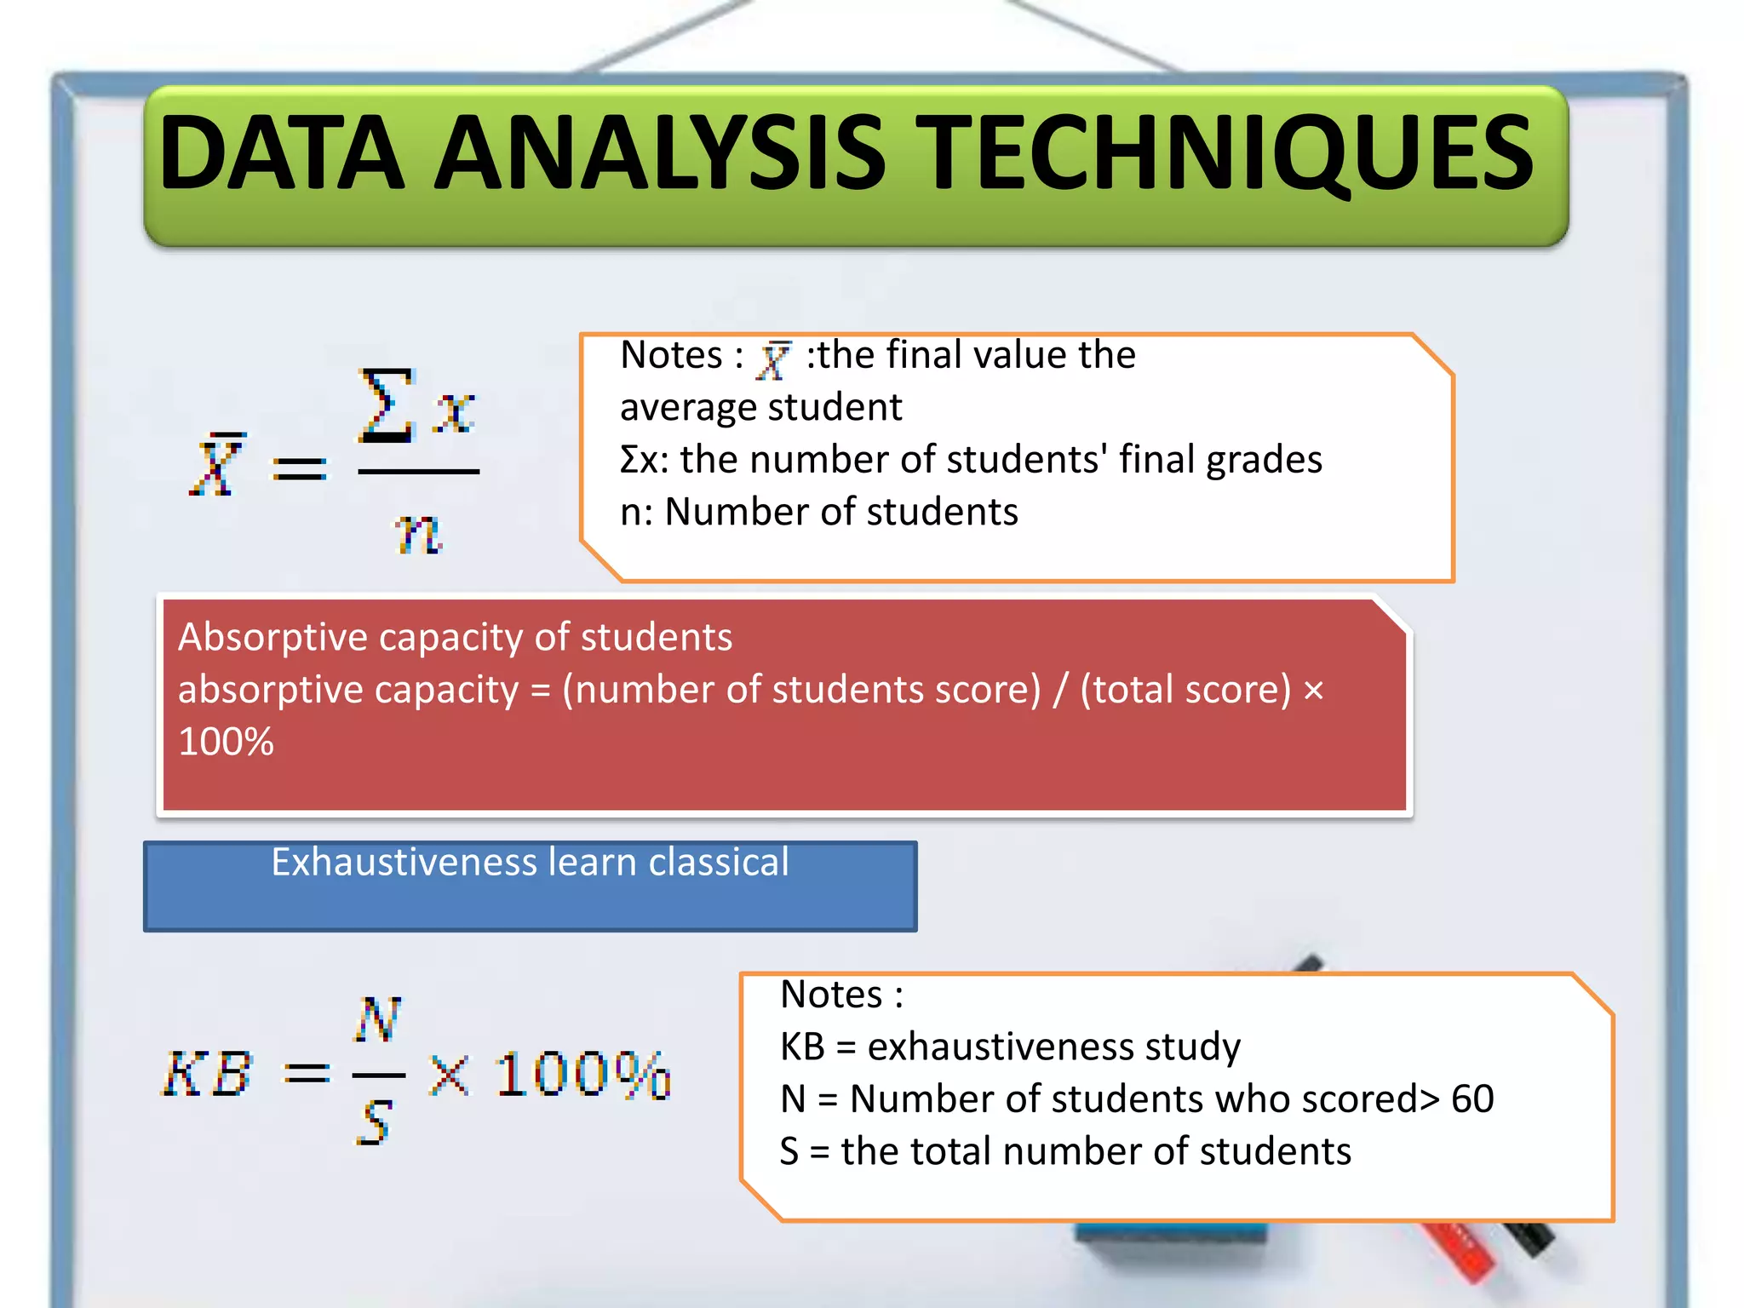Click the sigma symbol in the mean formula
click(386, 406)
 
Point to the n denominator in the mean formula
click(417, 533)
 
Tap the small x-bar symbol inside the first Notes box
click(774, 359)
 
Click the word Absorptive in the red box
click(272, 637)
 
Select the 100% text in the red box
click(226, 742)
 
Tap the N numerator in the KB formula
click(377, 1018)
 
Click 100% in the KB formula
click(582, 1075)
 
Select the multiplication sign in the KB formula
click(449, 1075)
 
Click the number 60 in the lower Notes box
click(1471, 1099)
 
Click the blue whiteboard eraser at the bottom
click(1167, 1243)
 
